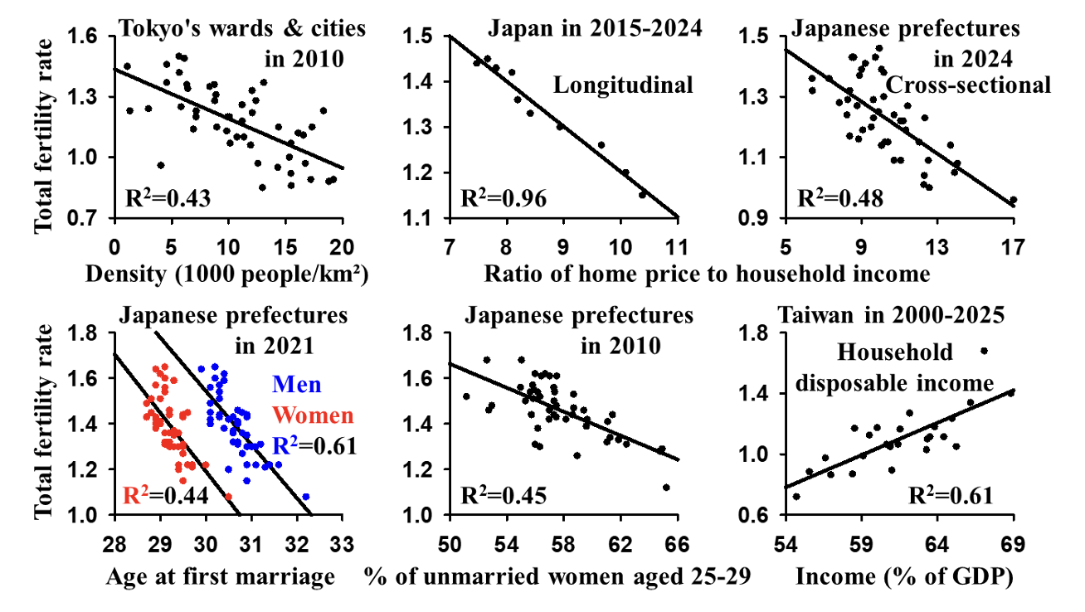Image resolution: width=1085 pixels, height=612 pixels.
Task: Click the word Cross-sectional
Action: click(x=968, y=85)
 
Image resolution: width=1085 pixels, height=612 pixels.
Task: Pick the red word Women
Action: click(x=313, y=415)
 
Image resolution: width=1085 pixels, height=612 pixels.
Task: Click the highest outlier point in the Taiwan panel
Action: click(x=984, y=351)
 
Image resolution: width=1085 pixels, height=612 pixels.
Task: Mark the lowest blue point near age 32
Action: click(x=306, y=497)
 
